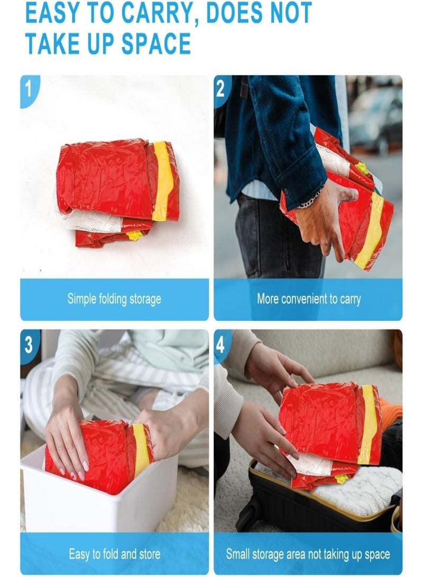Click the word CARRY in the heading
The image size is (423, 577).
pyautogui.click(x=156, y=13)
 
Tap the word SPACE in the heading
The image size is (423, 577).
pyautogui.click(x=156, y=43)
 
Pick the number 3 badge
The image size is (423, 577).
pyautogui.click(x=29, y=345)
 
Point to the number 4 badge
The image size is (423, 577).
pyautogui.click(x=221, y=345)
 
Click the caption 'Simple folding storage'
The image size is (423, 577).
pyautogui.click(x=114, y=299)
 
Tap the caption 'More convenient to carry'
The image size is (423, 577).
pyautogui.click(x=308, y=299)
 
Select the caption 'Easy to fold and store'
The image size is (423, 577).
pyautogui.click(x=115, y=554)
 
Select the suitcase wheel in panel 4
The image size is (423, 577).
pyautogui.click(x=245, y=514)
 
